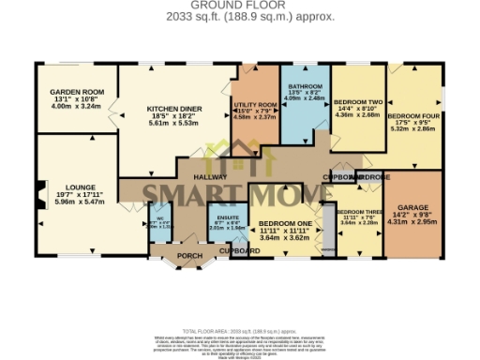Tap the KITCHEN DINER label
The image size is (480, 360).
click(x=173, y=108)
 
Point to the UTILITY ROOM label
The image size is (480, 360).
click(x=255, y=105)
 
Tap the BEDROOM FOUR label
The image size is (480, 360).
click(x=412, y=113)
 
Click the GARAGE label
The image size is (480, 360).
click(x=412, y=206)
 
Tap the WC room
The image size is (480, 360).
click(x=158, y=219)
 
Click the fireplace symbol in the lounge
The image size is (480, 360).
click(x=40, y=196)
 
